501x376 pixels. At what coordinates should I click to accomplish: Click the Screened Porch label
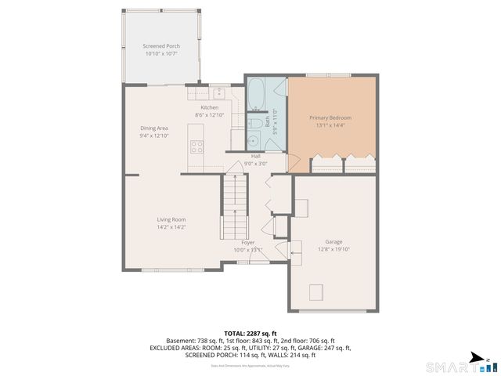(x=161, y=46)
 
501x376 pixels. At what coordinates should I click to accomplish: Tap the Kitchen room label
(x=210, y=107)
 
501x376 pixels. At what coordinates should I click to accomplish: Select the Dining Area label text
(x=154, y=128)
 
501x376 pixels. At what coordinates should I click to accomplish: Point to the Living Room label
(x=171, y=219)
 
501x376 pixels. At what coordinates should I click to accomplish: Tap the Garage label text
(x=334, y=241)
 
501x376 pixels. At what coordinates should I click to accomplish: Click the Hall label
(x=255, y=157)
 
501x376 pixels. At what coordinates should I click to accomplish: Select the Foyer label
(x=247, y=243)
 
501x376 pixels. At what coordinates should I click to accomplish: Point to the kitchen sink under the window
(x=219, y=92)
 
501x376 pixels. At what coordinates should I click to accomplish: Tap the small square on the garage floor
(x=316, y=292)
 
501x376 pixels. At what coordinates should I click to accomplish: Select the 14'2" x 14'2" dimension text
(x=171, y=227)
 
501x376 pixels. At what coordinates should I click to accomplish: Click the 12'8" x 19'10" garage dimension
(x=334, y=249)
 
